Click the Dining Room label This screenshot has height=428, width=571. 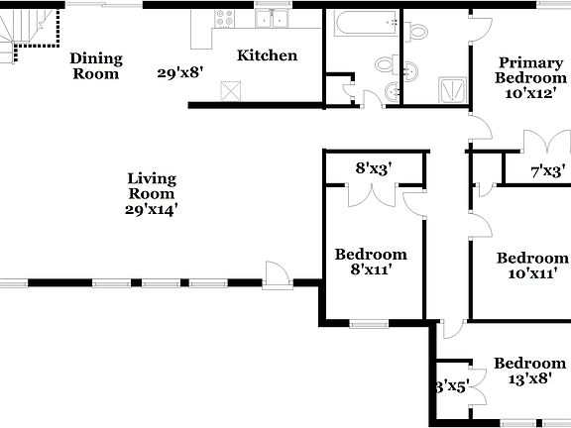tap(95, 65)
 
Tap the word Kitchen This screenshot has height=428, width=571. tap(267, 55)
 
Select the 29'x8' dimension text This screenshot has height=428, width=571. tap(180, 72)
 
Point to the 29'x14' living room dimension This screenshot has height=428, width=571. tap(151, 209)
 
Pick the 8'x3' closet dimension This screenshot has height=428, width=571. tap(375, 168)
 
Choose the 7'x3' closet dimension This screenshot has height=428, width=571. tap(548, 170)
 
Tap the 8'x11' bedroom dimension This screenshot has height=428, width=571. tap(370, 269)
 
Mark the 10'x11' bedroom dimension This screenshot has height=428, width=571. tap(530, 273)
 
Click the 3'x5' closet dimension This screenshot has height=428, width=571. tap(451, 386)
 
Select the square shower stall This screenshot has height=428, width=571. tap(452, 88)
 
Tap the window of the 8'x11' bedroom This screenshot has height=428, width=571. tap(369, 323)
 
